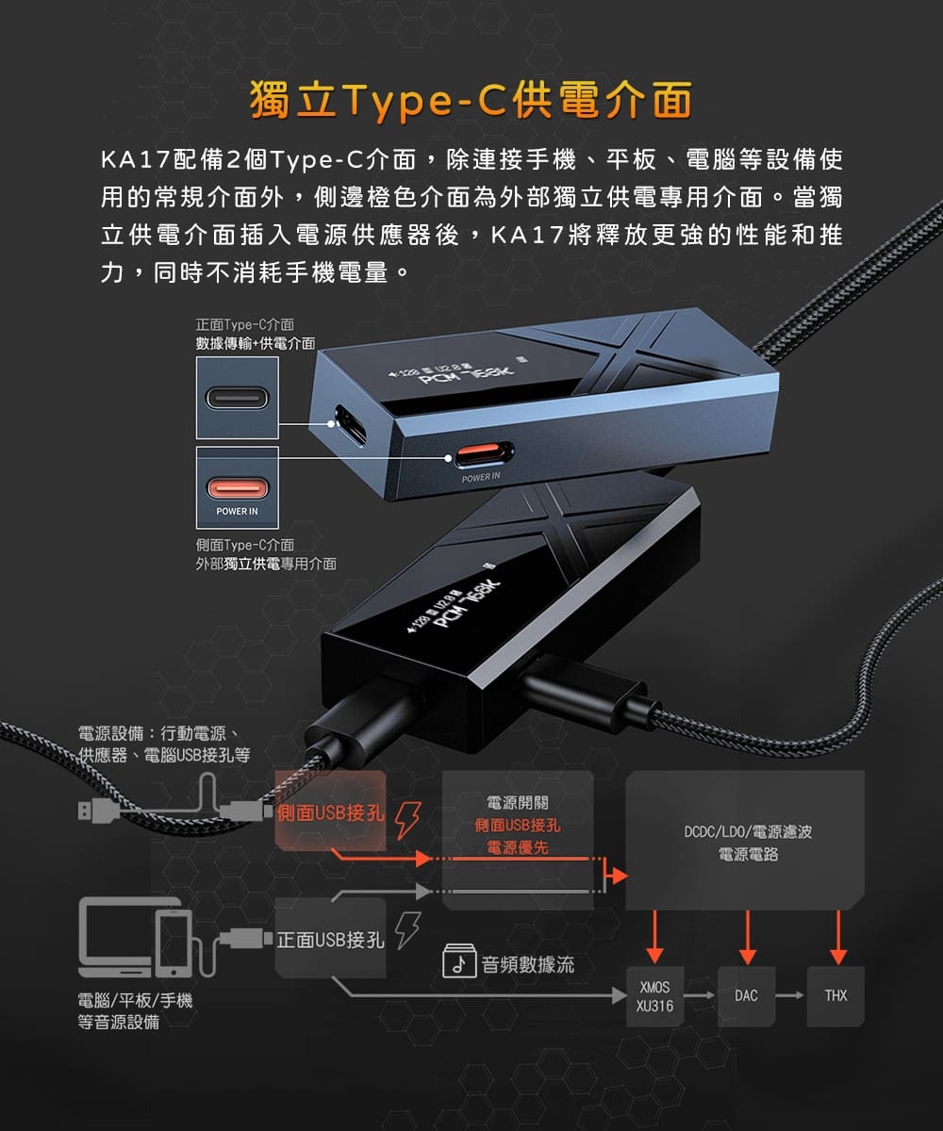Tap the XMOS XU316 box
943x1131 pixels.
pyautogui.click(x=654, y=996)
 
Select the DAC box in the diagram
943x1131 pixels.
pyautogui.click(x=745, y=995)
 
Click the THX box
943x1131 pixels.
pyautogui.click(x=835, y=995)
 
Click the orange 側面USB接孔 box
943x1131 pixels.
pyautogui.click(x=331, y=813)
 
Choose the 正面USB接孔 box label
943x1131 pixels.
pyautogui.click(x=331, y=939)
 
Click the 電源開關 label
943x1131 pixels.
pyautogui.click(x=517, y=803)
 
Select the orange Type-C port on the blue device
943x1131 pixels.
pyautogui.click(x=484, y=455)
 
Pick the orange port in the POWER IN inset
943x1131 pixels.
pyautogui.click(x=238, y=487)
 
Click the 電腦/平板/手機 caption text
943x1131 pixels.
pyautogui.click(x=135, y=1001)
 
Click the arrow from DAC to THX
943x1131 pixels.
pyautogui.click(x=789, y=995)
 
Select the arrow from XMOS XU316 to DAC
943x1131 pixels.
pyautogui.click(x=699, y=995)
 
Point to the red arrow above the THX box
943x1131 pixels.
pyautogui.click(x=836, y=938)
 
